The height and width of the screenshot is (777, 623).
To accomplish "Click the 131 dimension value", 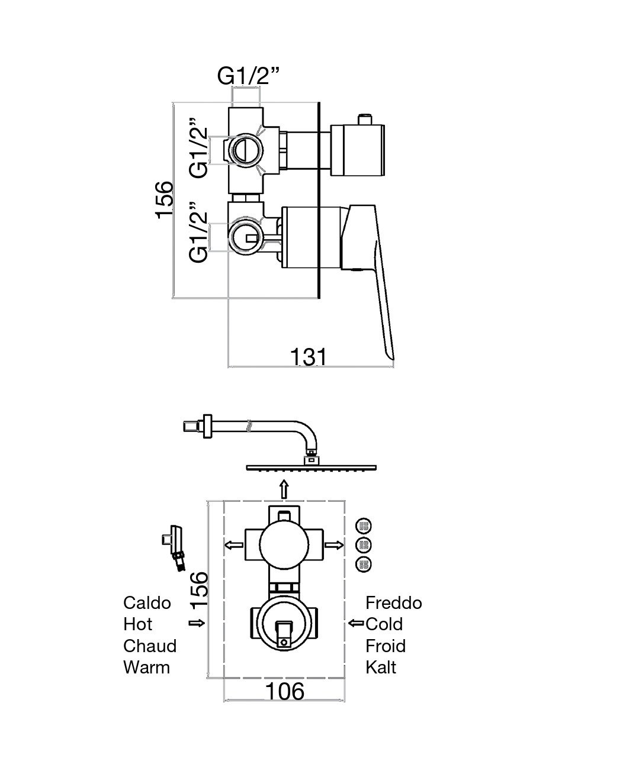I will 308,357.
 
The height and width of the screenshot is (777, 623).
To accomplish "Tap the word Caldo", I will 147,603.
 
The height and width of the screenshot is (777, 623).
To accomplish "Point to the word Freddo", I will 394,603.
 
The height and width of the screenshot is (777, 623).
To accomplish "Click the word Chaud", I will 150,646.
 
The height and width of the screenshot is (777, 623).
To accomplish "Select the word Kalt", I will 381,668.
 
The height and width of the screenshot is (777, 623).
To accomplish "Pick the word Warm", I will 146,668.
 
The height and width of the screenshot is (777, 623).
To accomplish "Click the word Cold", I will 384,624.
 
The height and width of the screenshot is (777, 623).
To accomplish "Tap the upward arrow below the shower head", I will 284,489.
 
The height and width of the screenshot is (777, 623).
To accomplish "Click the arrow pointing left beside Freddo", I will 356,623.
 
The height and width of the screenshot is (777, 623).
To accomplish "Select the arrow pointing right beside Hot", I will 197,623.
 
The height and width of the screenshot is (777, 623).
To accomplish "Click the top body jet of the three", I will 364,525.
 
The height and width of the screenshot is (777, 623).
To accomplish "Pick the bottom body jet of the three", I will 364,564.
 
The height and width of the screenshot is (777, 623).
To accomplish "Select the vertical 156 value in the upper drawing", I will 164,199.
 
